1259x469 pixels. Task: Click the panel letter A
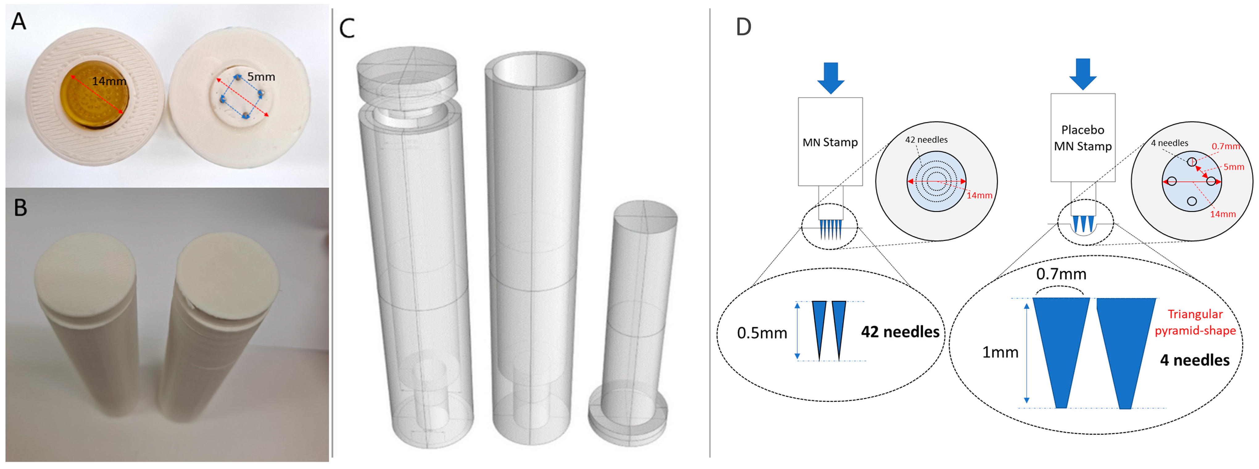tap(19, 22)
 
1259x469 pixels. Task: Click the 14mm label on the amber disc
tap(109, 81)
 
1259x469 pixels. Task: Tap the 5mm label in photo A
tap(261, 77)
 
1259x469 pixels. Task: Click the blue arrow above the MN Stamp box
tap(830, 77)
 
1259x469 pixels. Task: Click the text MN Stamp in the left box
tap(830, 142)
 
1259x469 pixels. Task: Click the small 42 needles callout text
tap(926, 140)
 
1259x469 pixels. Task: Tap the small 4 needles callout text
tap(1169, 143)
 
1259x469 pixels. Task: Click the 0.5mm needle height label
tap(762, 333)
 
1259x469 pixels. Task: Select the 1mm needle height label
tap(1000, 352)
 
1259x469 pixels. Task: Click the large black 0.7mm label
tap(1061, 274)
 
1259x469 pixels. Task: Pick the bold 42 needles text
tap(900, 332)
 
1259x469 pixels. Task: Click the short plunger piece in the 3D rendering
tap(635, 318)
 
